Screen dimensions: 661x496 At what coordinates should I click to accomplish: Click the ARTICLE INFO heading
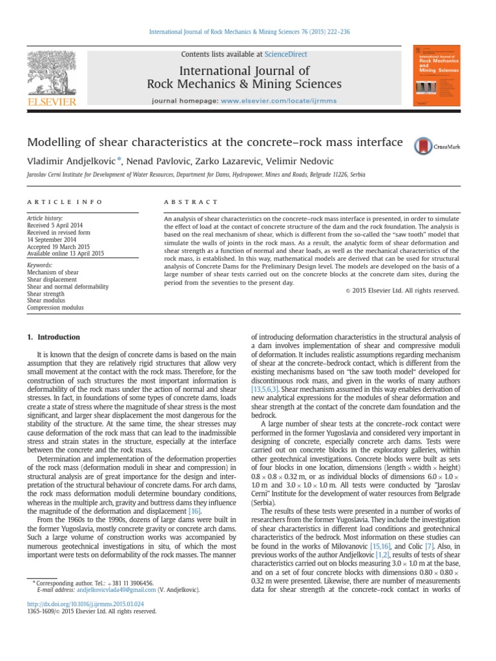(x=64, y=202)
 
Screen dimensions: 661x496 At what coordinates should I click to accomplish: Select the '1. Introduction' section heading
(x=54, y=337)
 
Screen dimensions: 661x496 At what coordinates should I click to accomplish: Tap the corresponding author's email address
(x=116, y=589)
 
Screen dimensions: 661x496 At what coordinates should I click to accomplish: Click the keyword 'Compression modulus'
(x=55, y=308)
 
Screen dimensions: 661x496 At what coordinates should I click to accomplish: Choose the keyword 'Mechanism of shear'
(x=54, y=272)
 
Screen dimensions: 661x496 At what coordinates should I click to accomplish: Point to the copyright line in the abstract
(x=402, y=290)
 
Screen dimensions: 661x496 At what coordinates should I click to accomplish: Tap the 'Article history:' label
(x=45, y=219)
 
